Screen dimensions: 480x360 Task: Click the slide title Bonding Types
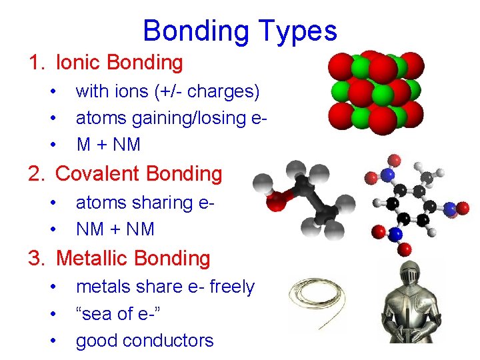coord(240,31)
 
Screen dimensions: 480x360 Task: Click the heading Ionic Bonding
coord(119,63)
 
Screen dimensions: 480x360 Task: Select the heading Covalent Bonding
coord(139,174)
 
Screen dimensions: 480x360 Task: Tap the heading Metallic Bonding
coord(133,258)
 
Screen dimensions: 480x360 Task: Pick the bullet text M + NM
coord(108,144)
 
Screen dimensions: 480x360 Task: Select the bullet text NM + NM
coord(115,229)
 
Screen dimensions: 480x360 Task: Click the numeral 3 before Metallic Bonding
coord(35,258)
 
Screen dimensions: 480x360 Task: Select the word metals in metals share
coord(104,287)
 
